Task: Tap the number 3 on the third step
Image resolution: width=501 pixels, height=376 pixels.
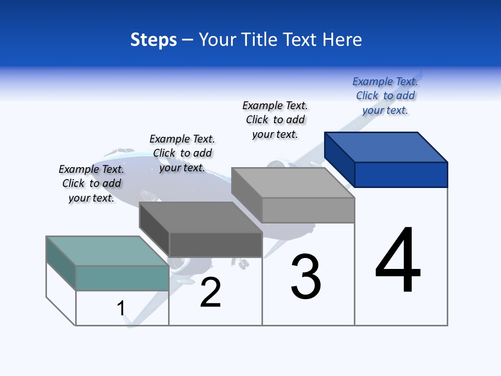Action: [306, 277]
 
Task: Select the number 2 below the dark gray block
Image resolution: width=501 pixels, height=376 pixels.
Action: [211, 292]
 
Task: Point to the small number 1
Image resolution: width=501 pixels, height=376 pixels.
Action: [121, 308]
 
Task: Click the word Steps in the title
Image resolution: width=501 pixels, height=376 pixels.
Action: [153, 40]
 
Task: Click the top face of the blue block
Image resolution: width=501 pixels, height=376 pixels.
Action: [386, 147]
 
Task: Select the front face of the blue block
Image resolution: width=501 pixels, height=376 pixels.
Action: [401, 174]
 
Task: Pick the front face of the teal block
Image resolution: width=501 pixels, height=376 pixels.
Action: [122, 278]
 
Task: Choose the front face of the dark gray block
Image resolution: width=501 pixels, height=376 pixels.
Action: [215, 244]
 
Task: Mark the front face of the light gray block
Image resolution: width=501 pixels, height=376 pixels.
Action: [308, 210]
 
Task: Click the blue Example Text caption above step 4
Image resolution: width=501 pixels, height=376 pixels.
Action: [385, 96]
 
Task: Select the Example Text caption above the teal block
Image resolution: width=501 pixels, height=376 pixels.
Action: [91, 183]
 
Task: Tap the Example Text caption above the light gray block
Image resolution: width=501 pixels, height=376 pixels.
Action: [275, 120]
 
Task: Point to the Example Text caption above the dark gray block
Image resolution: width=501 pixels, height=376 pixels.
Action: [182, 153]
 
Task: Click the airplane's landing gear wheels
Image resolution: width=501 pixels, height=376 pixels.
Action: [243, 264]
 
